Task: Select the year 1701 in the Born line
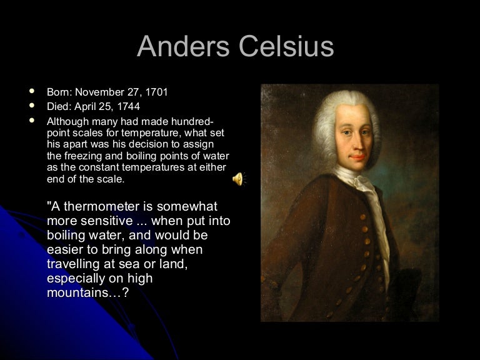click(157, 92)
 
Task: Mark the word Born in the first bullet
click(58, 92)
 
